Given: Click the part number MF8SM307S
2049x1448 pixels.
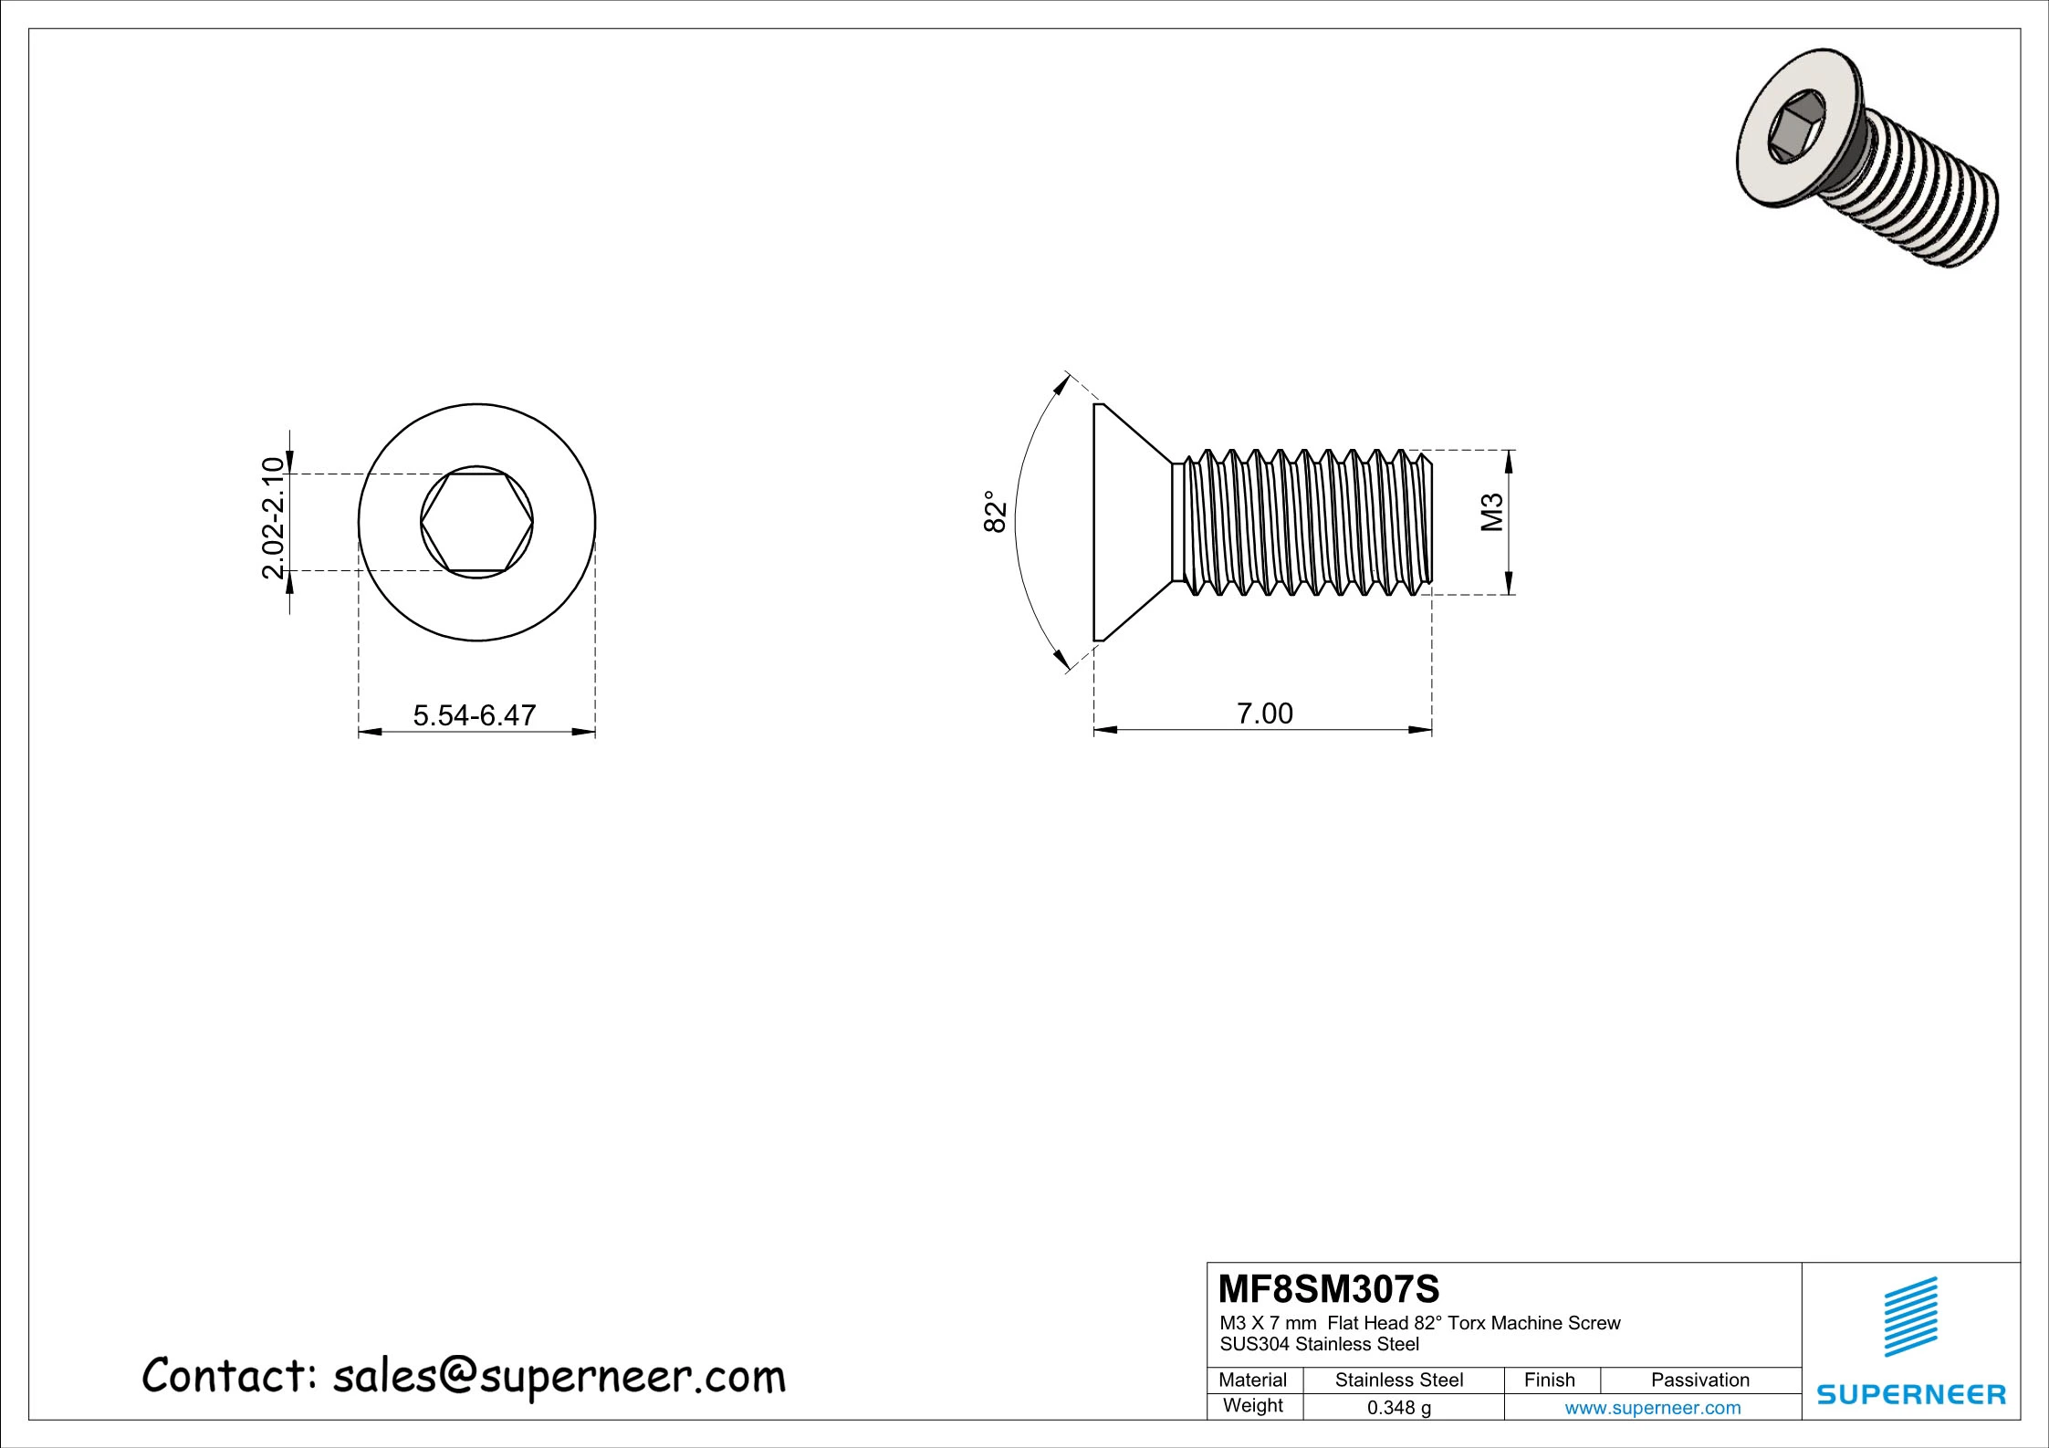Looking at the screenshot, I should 1328,1289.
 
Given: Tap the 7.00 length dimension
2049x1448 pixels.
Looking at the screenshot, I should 1264,714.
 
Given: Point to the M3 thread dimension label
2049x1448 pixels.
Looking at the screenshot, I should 1492,512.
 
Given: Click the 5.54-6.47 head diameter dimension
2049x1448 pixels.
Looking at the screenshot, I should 474,714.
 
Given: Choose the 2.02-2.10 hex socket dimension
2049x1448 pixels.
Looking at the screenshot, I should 274,517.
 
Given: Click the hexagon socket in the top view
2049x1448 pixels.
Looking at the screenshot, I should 476,523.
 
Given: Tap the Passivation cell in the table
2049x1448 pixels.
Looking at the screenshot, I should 1699,1380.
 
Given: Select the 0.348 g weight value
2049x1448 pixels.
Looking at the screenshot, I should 1398,1408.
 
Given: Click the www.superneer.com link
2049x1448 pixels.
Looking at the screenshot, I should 1652,1408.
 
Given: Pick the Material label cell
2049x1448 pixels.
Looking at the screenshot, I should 1252,1380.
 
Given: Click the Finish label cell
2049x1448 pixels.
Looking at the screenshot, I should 1549,1380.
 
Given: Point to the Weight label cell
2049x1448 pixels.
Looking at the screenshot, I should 1252,1406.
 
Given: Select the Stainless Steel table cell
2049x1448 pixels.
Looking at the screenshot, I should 1398,1380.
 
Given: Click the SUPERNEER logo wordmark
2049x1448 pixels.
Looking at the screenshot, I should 1911,1395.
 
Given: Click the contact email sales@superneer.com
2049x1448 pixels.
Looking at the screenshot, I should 558,1377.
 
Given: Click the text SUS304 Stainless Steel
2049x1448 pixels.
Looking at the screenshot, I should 1319,1344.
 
